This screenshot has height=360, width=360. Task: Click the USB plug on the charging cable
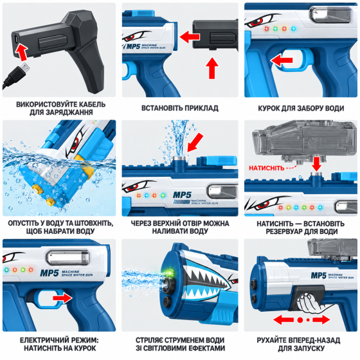(24, 68)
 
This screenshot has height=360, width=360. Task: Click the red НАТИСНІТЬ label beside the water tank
(267, 168)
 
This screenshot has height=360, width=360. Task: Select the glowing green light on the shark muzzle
(170, 273)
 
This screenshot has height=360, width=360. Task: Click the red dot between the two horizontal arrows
(300, 320)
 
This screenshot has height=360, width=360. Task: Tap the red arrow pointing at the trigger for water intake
(282, 60)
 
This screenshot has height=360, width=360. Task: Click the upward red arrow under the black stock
(212, 68)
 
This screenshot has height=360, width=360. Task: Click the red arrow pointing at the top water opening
(195, 143)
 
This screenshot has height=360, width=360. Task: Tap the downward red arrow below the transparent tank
(316, 164)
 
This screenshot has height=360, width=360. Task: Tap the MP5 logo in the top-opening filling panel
(182, 195)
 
